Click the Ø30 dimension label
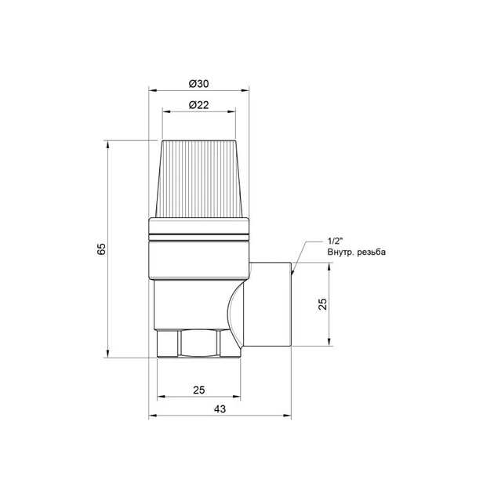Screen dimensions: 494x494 click(199, 84)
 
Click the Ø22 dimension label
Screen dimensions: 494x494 click(199, 105)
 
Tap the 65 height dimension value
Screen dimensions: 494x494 click(101, 249)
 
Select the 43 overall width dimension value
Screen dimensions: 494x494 click(220, 409)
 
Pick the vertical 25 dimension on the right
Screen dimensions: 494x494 click(322, 304)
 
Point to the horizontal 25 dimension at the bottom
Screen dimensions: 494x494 click(199, 390)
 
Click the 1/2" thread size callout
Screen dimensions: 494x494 click(335, 242)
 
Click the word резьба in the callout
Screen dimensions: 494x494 click(371, 252)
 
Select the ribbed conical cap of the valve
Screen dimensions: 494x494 click(199, 179)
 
